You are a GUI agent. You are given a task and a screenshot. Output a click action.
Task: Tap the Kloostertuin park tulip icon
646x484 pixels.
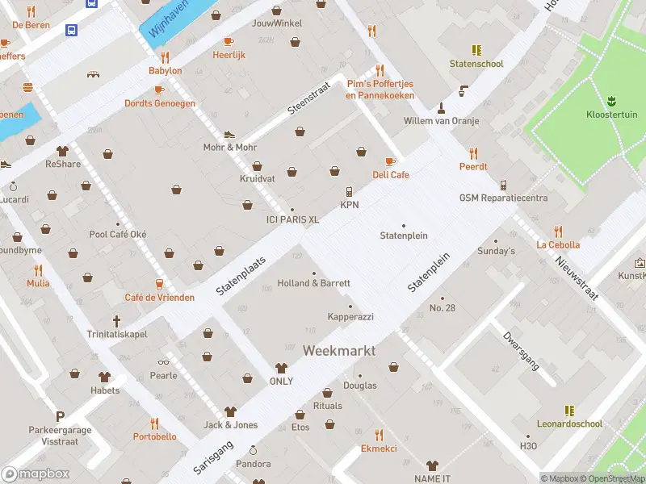click(x=611, y=100)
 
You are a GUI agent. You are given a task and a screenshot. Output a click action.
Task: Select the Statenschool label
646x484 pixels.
click(x=476, y=64)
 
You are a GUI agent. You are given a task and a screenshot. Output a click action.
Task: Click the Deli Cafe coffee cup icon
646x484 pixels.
click(x=391, y=161)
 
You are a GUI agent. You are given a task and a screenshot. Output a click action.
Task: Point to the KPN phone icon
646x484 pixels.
click(x=349, y=192)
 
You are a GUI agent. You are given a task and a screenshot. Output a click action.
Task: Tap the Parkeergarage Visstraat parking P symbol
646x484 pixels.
click(x=59, y=416)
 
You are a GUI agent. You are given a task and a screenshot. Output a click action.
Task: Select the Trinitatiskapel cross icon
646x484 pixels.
click(x=116, y=320)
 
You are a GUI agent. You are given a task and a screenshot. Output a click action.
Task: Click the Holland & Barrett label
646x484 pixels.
click(x=313, y=283)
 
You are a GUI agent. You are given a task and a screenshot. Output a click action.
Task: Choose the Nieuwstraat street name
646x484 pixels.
click(x=577, y=278)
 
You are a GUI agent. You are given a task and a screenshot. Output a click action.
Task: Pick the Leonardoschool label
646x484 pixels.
click(x=569, y=423)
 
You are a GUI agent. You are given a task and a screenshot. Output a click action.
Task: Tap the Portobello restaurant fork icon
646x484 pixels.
click(x=154, y=423)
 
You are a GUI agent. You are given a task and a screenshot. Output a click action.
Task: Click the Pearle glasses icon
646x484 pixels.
click(x=163, y=362)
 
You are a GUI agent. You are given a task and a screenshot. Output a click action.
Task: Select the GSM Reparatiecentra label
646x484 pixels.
click(x=503, y=198)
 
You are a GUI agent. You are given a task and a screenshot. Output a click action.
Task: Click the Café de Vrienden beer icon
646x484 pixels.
click(x=159, y=284)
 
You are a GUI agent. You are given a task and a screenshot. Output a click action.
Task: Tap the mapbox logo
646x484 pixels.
click(x=36, y=474)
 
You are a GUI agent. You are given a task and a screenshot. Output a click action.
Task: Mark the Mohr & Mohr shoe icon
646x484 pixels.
click(x=229, y=134)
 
